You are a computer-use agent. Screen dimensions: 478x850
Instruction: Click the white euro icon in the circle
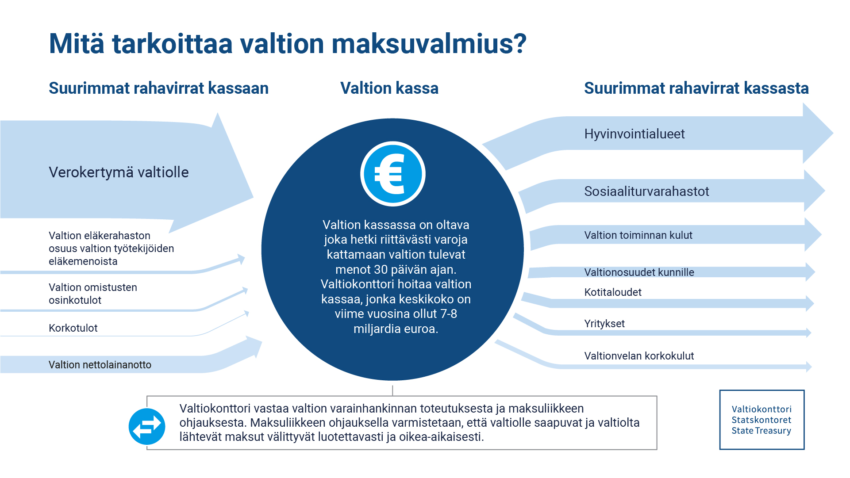click(x=392, y=174)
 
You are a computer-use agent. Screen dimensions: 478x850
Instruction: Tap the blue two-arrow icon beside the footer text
click(x=147, y=426)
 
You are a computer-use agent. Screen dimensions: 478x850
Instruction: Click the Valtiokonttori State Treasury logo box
click(x=762, y=420)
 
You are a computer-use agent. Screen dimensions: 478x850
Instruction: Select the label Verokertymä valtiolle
click(x=119, y=172)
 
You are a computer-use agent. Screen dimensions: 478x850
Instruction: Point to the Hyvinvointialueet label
click(x=634, y=134)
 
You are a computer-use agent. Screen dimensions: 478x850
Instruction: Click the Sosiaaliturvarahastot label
click(x=646, y=191)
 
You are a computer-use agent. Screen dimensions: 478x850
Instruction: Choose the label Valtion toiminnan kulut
click(x=638, y=235)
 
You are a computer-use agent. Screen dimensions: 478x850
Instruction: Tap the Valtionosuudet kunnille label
click(x=639, y=272)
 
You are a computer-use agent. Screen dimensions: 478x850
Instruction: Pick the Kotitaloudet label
click(x=612, y=292)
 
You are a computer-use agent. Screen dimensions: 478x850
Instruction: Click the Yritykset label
click(x=604, y=324)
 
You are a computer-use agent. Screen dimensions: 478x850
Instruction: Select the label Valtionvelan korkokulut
click(x=638, y=356)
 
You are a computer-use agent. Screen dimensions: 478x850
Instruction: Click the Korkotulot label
click(x=73, y=328)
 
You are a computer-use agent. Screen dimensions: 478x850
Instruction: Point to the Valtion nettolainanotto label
click(x=100, y=365)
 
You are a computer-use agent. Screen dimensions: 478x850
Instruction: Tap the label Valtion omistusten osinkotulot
click(x=93, y=294)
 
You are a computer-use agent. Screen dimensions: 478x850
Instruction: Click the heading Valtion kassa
click(x=389, y=88)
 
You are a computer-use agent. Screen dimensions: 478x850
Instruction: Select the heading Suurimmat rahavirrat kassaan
click(x=158, y=88)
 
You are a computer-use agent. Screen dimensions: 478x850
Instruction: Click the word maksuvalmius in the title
click(x=429, y=44)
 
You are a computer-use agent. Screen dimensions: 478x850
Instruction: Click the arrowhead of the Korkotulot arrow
click(x=246, y=314)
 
